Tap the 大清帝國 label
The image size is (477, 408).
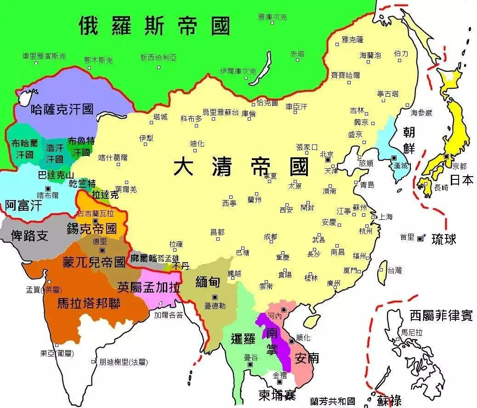[241, 167]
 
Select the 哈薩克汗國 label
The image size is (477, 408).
[62, 109]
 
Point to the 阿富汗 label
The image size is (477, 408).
[23, 205]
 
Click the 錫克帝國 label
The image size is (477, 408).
[91, 228]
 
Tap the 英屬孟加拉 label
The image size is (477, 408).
[148, 287]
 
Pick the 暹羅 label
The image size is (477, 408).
[242, 339]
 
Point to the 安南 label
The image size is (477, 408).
[307, 357]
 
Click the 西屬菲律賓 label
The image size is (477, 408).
[441, 316]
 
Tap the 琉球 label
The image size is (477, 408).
[444, 239]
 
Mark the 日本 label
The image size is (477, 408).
[461, 180]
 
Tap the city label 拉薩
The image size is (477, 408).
[176, 244]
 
